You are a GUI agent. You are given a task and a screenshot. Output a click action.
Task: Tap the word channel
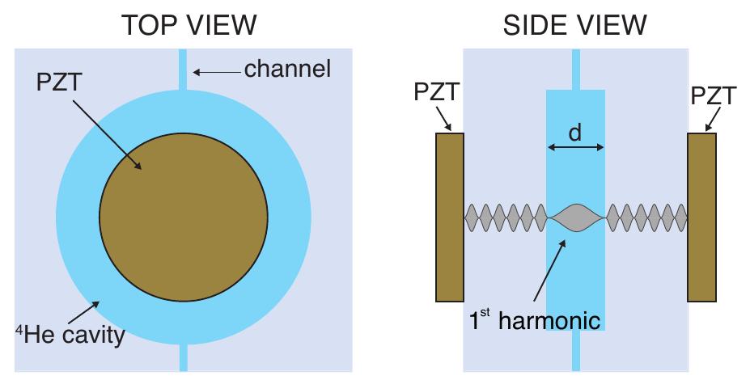pos(288,70)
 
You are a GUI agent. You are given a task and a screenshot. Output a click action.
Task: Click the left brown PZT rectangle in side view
pos(450,217)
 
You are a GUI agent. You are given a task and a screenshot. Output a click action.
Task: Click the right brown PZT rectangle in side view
pos(701,217)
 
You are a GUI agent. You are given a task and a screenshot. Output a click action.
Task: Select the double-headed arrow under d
pos(575,147)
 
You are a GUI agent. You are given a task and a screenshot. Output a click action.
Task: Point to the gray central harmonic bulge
pos(575,217)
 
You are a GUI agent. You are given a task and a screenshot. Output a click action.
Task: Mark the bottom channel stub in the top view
pos(183,357)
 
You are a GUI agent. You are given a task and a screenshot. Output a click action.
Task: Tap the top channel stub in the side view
pos(575,69)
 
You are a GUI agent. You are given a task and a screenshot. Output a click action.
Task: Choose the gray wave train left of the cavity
pos(506,217)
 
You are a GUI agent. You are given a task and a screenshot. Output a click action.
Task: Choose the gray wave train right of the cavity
pos(646,217)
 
